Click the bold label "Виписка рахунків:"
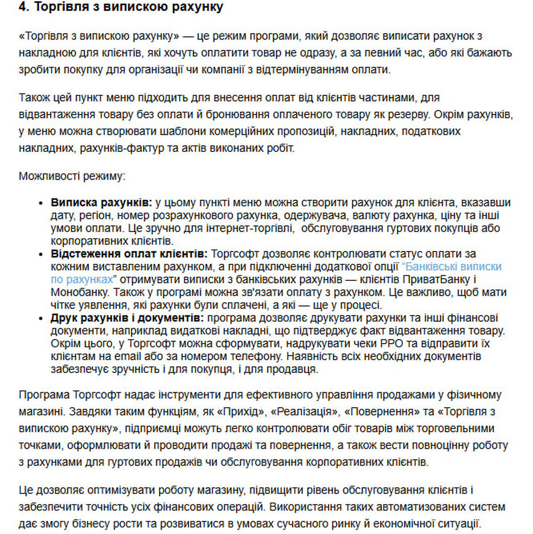pos(102,203)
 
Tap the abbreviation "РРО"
pos(338,344)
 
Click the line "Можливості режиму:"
pos(71,176)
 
